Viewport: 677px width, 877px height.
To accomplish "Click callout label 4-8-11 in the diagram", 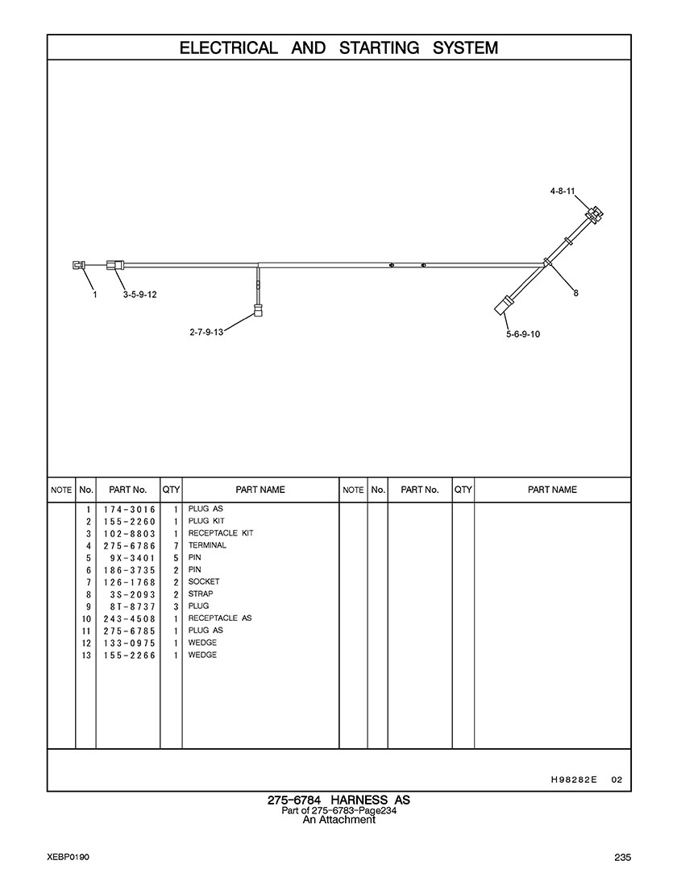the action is [x=563, y=192].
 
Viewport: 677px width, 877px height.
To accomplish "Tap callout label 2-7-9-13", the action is [x=206, y=333].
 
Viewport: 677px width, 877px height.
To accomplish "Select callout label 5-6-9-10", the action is [x=523, y=334].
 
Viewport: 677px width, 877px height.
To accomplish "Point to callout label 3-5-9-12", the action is [x=140, y=295].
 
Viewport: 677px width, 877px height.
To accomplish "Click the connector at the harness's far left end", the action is [x=78, y=265].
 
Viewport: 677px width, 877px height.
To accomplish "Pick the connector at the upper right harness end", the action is [x=595, y=215].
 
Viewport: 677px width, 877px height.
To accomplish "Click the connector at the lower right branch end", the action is [x=502, y=305].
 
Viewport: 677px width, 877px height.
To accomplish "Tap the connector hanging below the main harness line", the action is [x=258, y=309].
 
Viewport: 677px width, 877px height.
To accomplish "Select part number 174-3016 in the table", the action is [x=129, y=510].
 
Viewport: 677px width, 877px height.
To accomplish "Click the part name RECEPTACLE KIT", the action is [x=221, y=533].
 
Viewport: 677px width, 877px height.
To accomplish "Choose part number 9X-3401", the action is [x=132, y=558].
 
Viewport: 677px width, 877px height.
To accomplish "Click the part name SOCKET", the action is [x=204, y=581].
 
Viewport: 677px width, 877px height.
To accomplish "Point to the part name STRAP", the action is [x=201, y=594].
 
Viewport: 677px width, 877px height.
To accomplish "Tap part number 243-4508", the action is [x=129, y=619].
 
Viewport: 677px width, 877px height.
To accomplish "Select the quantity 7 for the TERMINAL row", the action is [x=175, y=546].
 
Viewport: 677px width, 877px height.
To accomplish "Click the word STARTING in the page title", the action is [x=379, y=48].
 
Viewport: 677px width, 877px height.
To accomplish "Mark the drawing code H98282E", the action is [x=574, y=780].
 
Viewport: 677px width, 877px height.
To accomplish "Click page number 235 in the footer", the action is [x=623, y=858].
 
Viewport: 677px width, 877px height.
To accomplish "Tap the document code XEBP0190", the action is [x=69, y=858].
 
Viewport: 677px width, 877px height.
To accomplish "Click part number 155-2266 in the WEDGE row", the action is [x=129, y=656].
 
